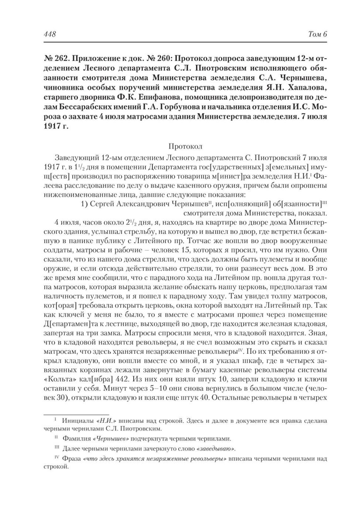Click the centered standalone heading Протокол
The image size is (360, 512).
coord(185,146)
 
